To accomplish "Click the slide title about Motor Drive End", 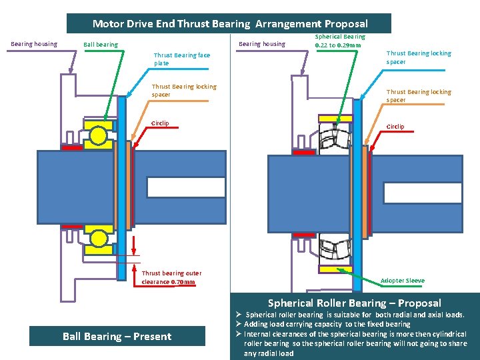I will pyautogui.click(x=229, y=24).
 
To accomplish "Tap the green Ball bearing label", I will pyautogui.click(x=100, y=45).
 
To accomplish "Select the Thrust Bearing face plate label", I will pyautogui.click(x=182, y=59).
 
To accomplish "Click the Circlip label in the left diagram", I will pyautogui.click(x=160, y=123).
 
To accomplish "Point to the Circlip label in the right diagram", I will pyautogui.click(x=395, y=127).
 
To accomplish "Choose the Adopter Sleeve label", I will pyautogui.click(x=402, y=281).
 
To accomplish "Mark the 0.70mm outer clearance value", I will pyautogui.click(x=183, y=282).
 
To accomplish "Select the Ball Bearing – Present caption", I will pyautogui.click(x=117, y=336).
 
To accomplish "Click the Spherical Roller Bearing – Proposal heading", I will pyautogui.click(x=354, y=303).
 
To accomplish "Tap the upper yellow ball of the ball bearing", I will pyautogui.click(x=99, y=135).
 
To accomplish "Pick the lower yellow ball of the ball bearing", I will pyautogui.click(x=99, y=238).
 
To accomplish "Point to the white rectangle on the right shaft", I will pyautogui.click(x=423, y=192).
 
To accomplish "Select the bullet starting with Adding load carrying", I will pyautogui.click(x=327, y=324).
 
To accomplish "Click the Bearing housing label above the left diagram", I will pyautogui.click(x=34, y=45).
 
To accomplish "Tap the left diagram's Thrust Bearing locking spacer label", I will pyautogui.click(x=184, y=91).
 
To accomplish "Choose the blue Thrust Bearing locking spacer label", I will pyautogui.click(x=419, y=57).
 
